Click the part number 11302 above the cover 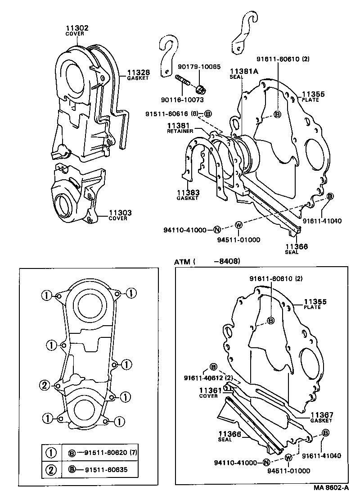point(77,28)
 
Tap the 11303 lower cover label point(117,213)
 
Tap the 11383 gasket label point(188,192)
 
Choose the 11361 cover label point(208,390)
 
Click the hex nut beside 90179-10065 point(201,87)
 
